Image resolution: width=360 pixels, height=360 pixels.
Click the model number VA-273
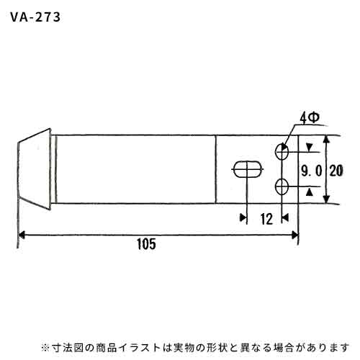(35, 17)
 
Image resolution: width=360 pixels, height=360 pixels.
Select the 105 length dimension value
(146, 244)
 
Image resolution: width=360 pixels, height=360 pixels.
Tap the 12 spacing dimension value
(266, 220)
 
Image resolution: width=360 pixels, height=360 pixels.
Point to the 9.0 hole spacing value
(312, 171)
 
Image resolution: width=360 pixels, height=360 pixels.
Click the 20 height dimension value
(336, 171)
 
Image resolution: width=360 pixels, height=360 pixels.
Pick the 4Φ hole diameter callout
(310, 118)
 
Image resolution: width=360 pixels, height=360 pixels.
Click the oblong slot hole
(248, 169)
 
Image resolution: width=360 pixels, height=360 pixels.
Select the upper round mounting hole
(282, 152)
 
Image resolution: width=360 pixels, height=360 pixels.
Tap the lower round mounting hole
(282, 186)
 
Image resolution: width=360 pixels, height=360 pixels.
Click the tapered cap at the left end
(35, 169)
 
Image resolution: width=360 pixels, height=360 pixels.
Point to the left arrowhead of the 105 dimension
(22, 235)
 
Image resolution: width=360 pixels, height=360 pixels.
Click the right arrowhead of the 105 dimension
(294, 235)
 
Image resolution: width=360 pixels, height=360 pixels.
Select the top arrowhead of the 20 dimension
(325, 140)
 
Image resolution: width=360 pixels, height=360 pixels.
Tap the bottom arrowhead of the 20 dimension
(325, 199)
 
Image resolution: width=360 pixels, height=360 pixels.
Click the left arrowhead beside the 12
(243, 217)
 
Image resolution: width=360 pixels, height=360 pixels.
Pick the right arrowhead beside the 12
(285, 217)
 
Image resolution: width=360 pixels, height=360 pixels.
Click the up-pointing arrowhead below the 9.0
(310, 192)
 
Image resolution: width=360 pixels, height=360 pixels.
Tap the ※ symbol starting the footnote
(45, 348)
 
